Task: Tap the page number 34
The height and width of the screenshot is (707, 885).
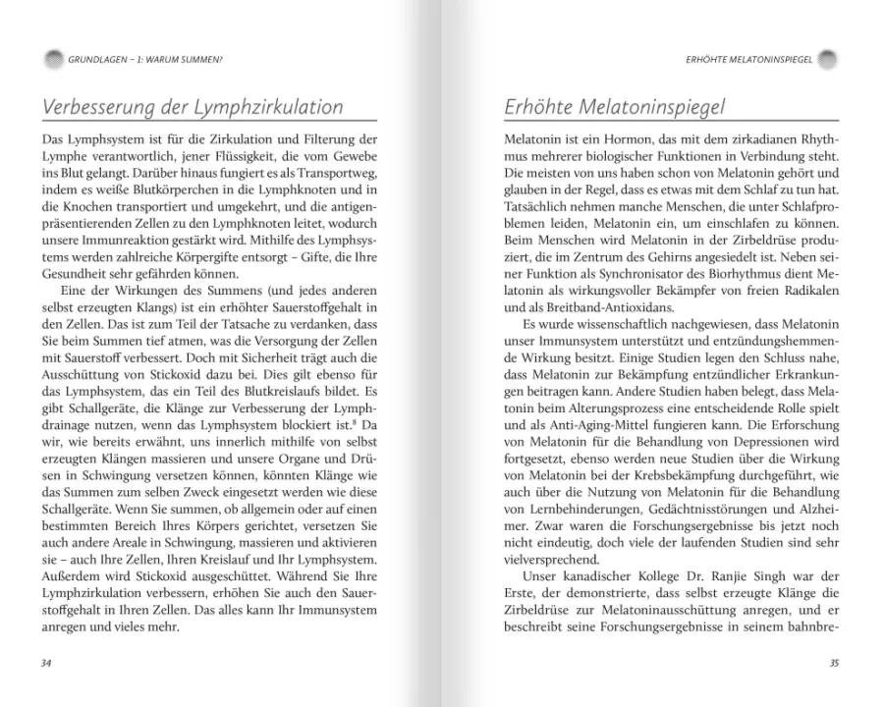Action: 46,664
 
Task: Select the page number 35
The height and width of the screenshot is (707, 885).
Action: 834,664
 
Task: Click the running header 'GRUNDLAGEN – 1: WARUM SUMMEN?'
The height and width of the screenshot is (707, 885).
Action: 141,60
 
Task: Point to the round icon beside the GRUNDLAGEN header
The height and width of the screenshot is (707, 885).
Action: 50,60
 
